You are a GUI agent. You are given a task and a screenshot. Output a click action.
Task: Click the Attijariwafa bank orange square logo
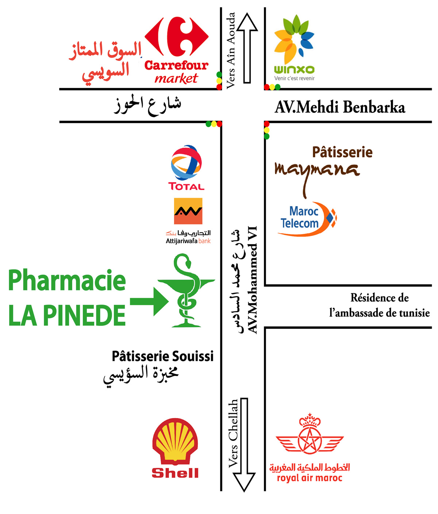pyautogui.click(x=188, y=211)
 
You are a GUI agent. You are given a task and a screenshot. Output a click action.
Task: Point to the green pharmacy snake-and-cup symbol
pyautogui.click(x=186, y=290)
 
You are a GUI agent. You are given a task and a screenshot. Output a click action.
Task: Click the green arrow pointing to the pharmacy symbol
pyautogui.click(x=149, y=301)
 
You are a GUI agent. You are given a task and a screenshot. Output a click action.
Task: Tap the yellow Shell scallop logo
pyautogui.click(x=175, y=441)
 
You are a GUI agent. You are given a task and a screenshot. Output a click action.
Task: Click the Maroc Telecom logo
pyautogui.click(x=307, y=219)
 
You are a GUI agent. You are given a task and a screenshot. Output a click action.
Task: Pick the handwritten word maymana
pyautogui.click(x=317, y=174)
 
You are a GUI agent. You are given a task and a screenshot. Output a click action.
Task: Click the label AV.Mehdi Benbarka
pyautogui.click(x=340, y=107)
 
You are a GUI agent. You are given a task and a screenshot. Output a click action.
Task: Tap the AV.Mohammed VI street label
pyautogui.click(x=252, y=280)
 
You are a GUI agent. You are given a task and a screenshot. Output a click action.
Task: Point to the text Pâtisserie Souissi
pyautogui.click(x=162, y=356)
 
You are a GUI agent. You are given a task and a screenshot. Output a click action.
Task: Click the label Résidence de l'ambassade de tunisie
pyautogui.click(x=379, y=305)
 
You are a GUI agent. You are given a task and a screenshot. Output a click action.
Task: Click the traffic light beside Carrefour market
pyautogui.click(x=219, y=81)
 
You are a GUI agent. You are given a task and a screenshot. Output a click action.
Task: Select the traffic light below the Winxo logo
pyautogui.click(x=272, y=87)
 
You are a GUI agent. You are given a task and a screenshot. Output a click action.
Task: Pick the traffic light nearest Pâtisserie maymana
pyautogui.click(x=266, y=130)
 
